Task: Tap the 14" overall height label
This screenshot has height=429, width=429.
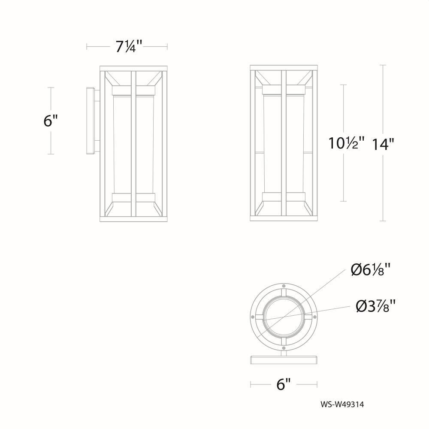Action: (383, 144)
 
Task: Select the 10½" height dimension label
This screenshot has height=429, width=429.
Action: (347, 143)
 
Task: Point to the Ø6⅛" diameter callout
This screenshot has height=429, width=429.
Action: (371, 269)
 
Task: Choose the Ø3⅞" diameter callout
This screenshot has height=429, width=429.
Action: (376, 306)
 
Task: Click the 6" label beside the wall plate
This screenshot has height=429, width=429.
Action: (51, 121)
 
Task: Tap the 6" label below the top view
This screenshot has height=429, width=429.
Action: (284, 384)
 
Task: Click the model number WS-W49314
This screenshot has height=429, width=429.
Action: (342, 405)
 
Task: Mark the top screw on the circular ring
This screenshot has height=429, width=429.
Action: (284, 285)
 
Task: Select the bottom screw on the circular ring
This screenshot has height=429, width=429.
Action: (284, 348)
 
